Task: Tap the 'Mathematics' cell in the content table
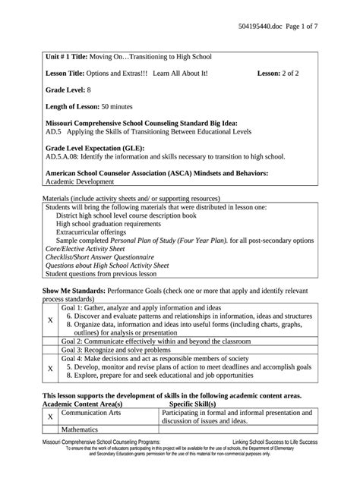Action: pos(82,429)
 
